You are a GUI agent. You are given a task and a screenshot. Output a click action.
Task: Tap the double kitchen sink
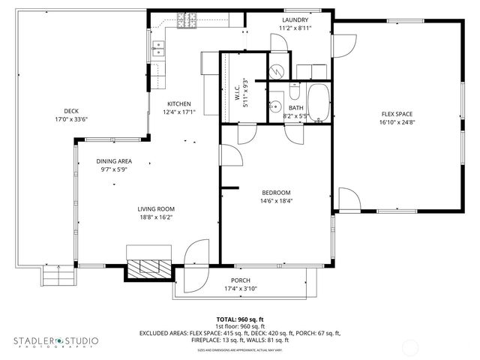(x=158, y=49)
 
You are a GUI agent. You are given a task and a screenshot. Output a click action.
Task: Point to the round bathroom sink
(x=275, y=105)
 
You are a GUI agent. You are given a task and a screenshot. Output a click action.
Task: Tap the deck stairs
(x=59, y=277)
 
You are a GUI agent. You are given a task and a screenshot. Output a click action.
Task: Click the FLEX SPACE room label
(x=397, y=114)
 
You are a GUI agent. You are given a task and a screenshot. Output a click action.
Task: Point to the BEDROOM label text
(x=275, y=192)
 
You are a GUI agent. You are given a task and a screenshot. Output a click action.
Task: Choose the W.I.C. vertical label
(x=235, y=93)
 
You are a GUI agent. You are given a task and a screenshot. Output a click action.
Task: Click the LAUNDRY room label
(x=294, y=19)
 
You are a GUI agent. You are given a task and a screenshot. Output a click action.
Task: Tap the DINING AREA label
(x=114, y=161)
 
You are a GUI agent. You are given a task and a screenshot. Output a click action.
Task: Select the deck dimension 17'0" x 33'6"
(x=71, y=118)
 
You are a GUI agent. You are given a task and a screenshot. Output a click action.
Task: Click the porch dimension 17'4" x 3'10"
(x=241, y=289)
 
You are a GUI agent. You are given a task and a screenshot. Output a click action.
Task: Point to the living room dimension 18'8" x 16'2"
(x=155, y=217)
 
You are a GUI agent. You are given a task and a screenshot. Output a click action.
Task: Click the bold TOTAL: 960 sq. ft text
(x=240, y=319)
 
